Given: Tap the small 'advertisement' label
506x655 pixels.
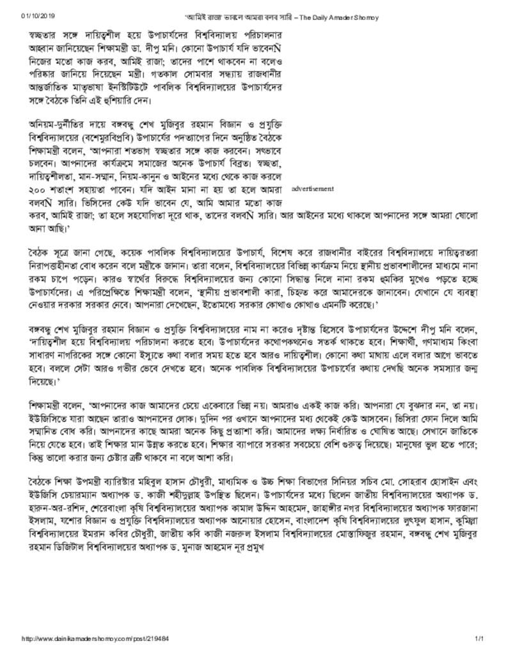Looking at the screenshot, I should (x=313, y=189).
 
